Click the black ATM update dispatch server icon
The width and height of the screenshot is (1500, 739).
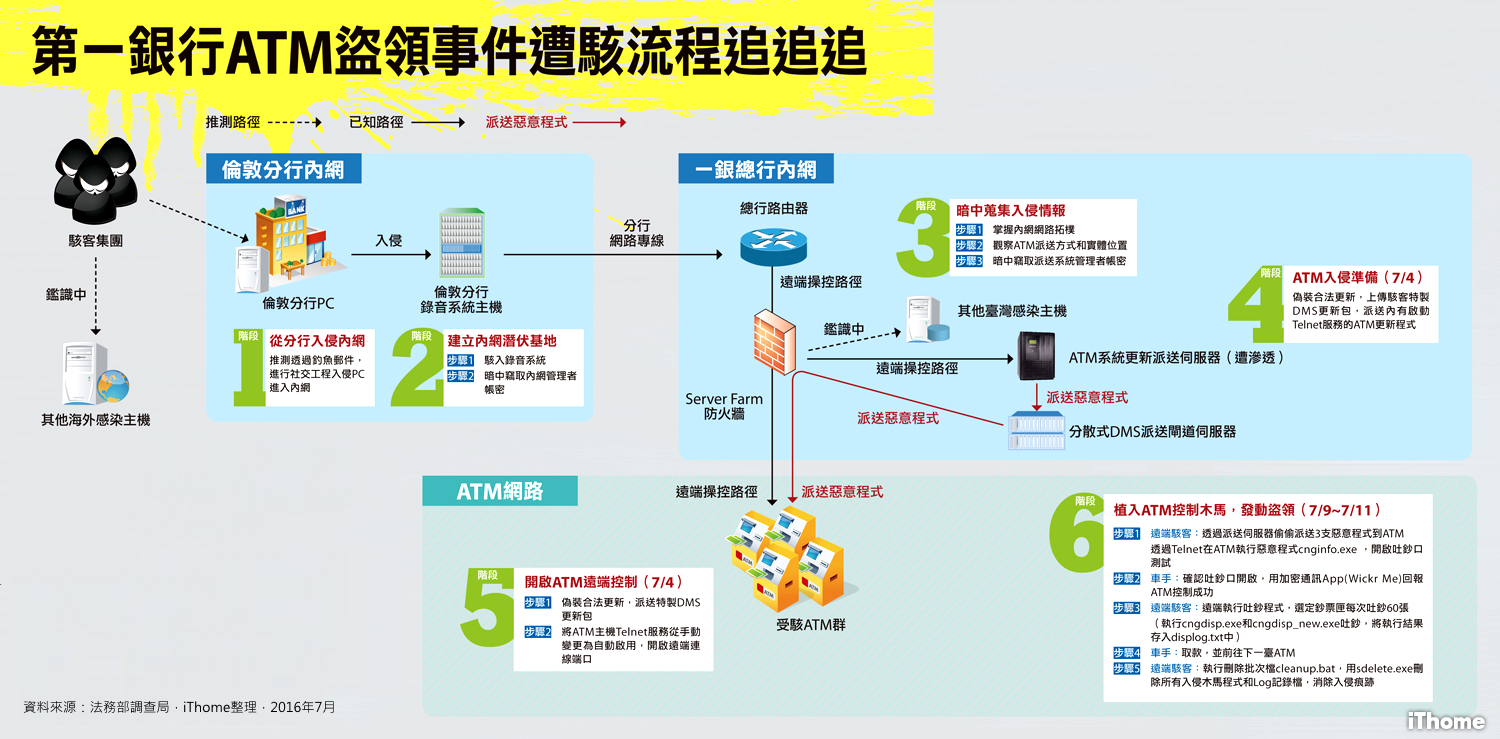[x=1037, y=356]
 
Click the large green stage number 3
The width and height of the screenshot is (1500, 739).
[x=922, y=240]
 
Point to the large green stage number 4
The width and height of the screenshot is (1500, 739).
[x=1255, y=305]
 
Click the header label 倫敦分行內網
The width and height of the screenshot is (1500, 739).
[x=283, y=169]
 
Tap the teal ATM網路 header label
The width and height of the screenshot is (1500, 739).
[x=499, y=490]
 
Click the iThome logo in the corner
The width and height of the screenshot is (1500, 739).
[x=1445, y=719]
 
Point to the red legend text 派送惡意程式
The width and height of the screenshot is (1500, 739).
[x=526, y=122]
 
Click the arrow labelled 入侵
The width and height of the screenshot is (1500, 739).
[x=389, y=254]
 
